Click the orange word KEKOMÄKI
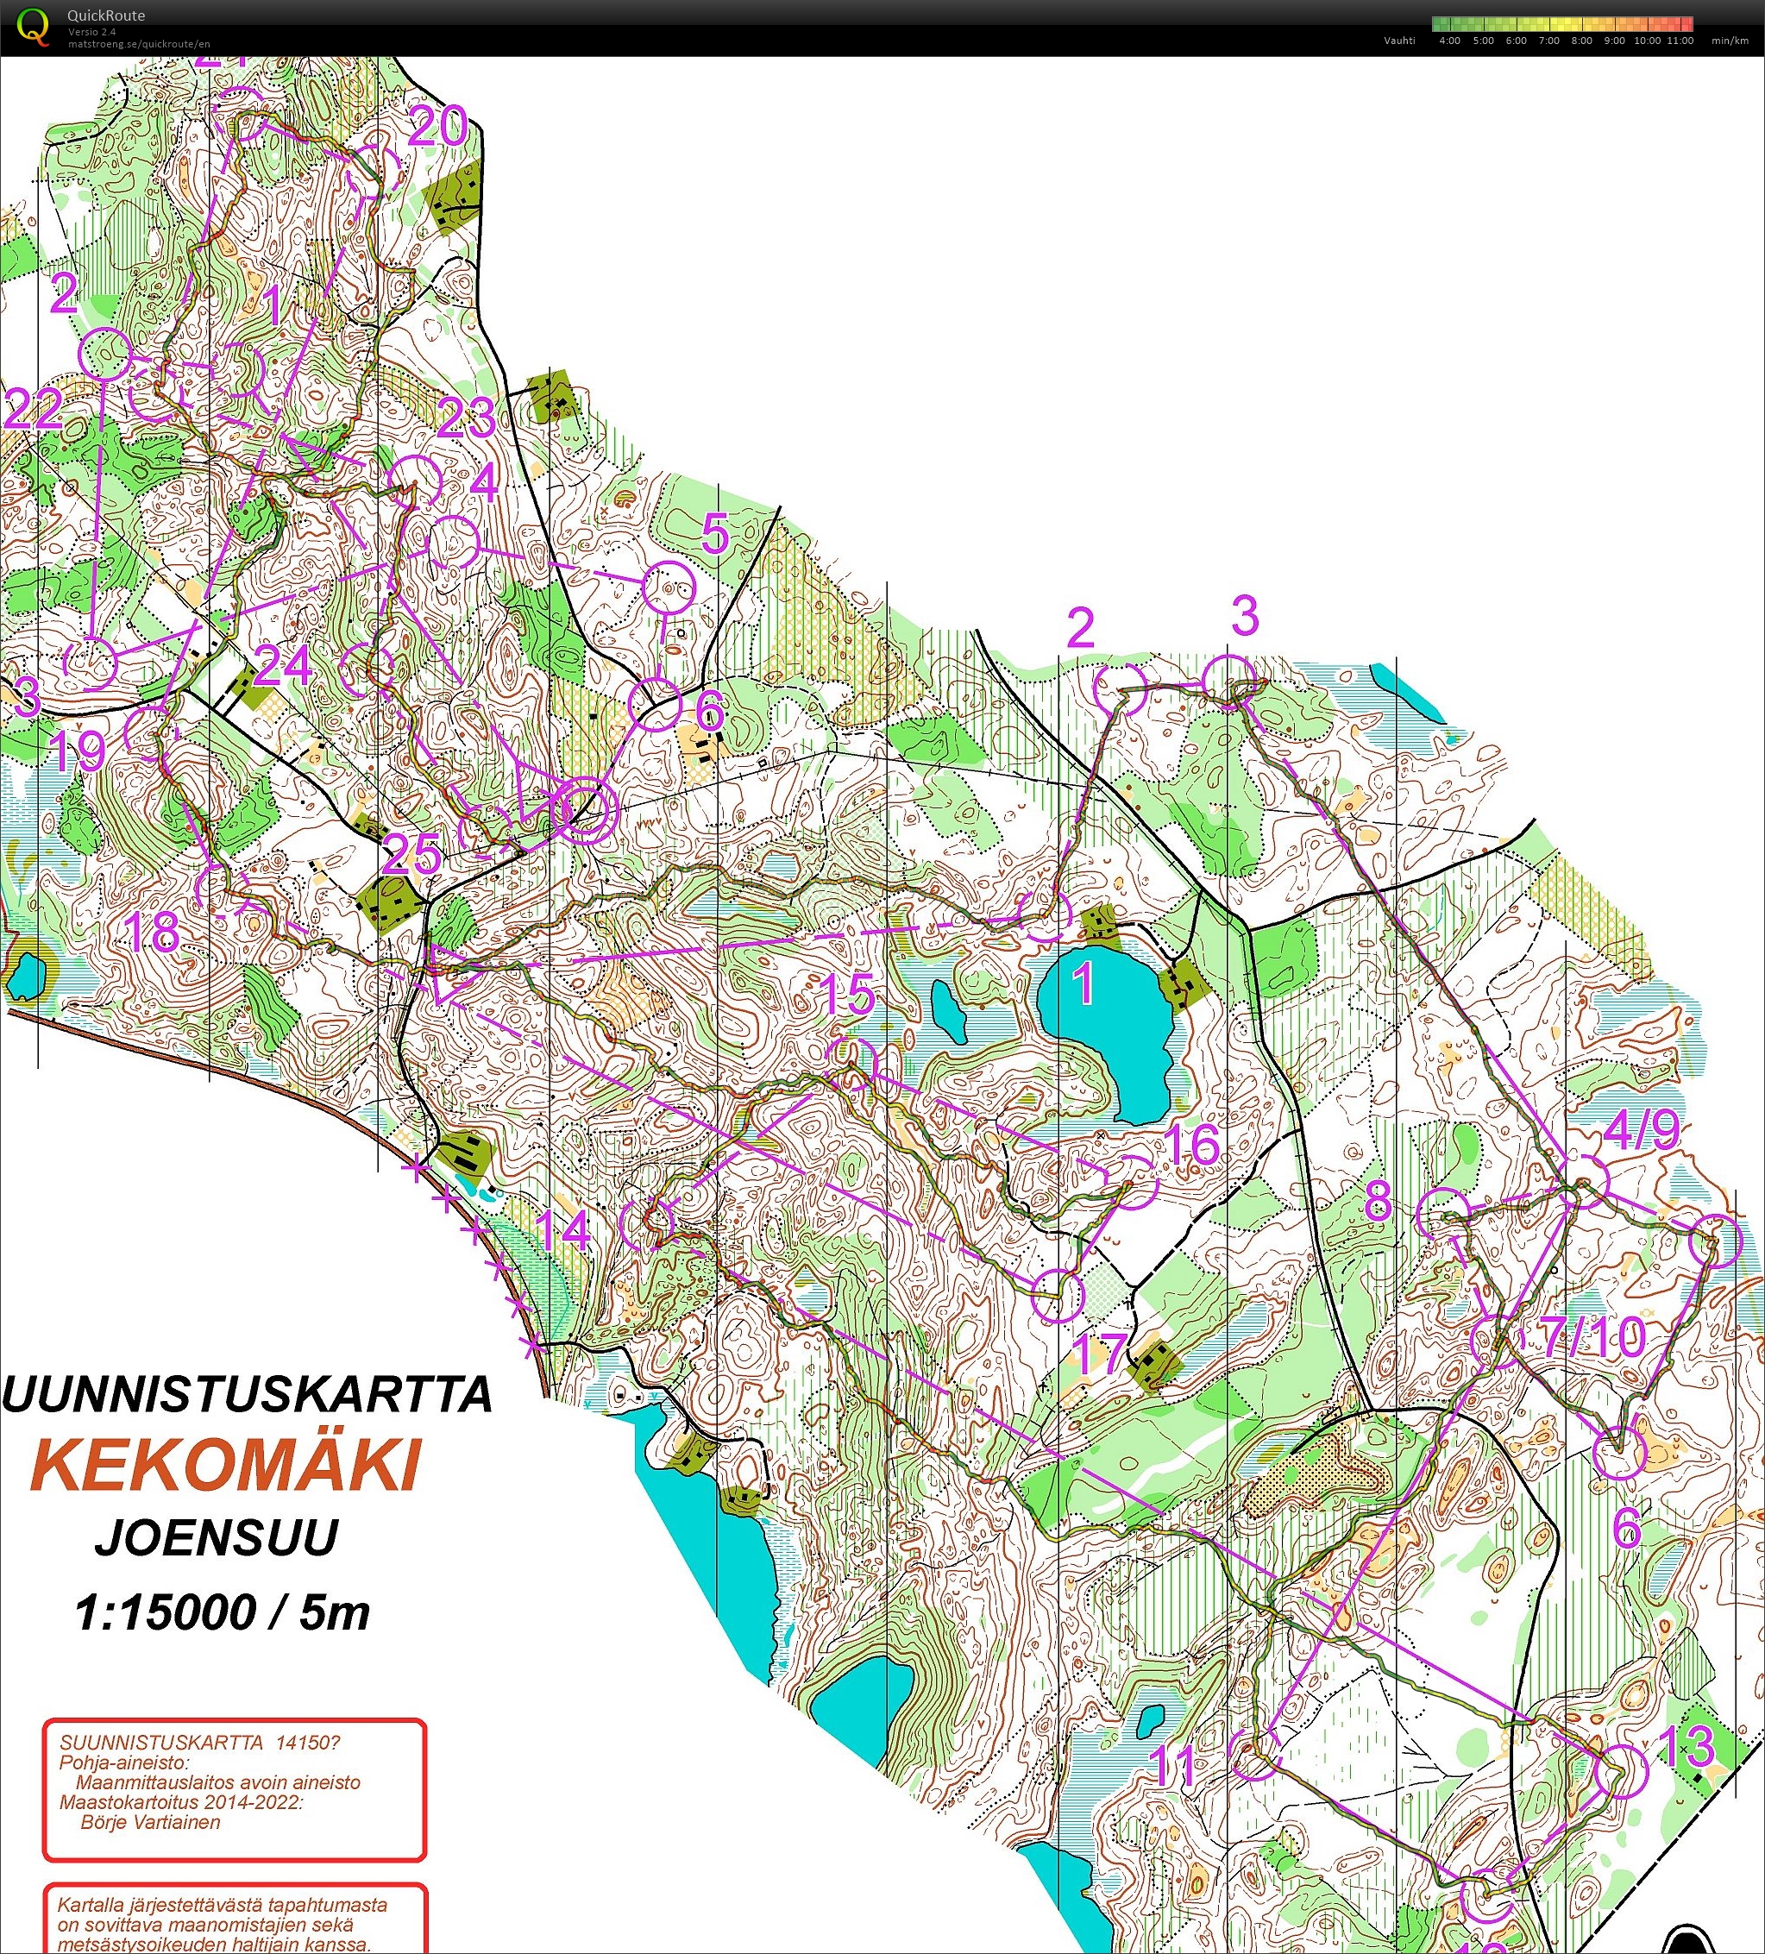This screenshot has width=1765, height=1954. tap(226, 1465)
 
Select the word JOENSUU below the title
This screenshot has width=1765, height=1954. tap(217, 1538)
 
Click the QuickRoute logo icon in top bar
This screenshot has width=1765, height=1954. tap(34, 26)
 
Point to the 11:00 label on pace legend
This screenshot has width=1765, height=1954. tap(1680, 41)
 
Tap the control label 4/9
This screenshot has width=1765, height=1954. tap(1641, 1130)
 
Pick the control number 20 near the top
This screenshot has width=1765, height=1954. tap(438, 126)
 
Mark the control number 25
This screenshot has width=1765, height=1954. tap(411, 855)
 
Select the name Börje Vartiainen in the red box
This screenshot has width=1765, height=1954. tap(150, 1822)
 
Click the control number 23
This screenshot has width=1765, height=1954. tap(466, 418)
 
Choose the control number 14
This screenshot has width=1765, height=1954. tap(563, 1231)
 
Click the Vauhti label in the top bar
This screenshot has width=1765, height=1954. tap(1398, 41)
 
